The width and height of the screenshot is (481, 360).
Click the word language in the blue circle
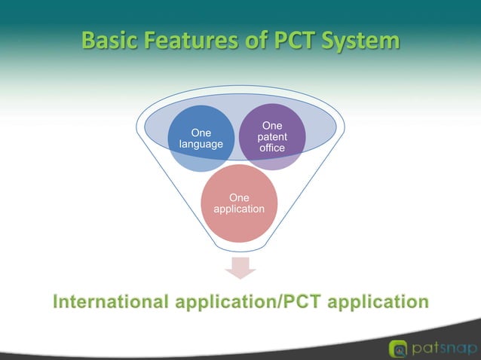pos(201,144)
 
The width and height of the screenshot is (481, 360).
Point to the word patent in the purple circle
pos(271,136)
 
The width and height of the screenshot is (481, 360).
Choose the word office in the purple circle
pos(271,148)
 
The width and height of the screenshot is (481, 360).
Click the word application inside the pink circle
pos(239,209)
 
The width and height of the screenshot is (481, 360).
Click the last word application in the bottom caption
pos(377,302)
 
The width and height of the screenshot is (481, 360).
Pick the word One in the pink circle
pos(239,197)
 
